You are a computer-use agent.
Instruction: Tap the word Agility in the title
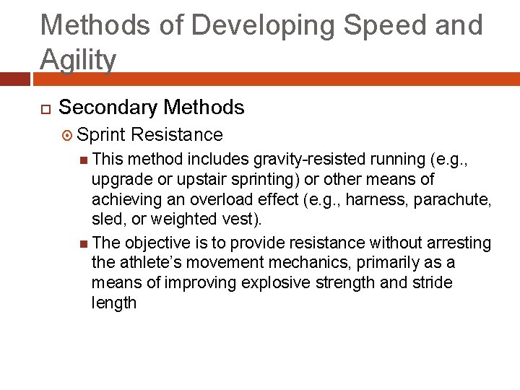[78, 60]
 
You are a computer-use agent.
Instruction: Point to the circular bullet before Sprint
[69, 135]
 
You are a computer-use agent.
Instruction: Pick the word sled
[108, 219]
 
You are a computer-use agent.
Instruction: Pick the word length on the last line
[114, 303]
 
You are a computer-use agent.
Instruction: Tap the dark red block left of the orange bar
[16, 78]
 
